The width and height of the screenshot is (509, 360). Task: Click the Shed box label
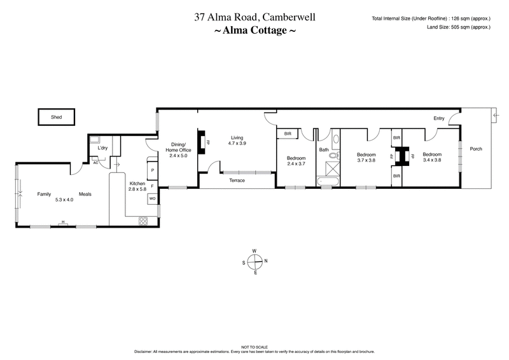(55, 118)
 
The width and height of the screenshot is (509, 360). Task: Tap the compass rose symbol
(254, 261)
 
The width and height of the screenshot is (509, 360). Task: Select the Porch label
(476, 149)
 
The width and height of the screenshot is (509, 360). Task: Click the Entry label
(439, 118)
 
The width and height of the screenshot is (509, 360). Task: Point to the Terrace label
(237, 181)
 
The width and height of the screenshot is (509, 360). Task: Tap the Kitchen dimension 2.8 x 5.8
(137, 189)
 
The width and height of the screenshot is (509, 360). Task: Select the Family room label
(43, 194)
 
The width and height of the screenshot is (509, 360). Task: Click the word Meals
(86, 194)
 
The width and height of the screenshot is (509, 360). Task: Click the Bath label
(324, 150)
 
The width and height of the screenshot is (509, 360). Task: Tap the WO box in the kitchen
(152, 198)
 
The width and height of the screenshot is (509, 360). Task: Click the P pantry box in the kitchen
(152, 170)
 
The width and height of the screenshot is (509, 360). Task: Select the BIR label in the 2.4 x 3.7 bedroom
(288, 134)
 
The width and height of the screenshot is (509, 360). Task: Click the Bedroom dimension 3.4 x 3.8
(431, 160)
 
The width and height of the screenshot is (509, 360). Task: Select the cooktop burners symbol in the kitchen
(143, 221)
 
